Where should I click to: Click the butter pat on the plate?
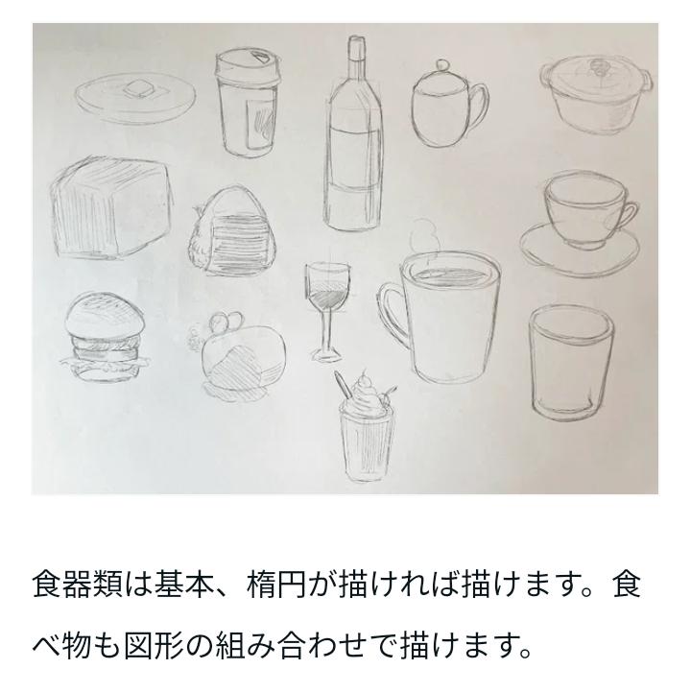tap(136, 89)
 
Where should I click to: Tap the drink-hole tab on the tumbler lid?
tap(260, 57)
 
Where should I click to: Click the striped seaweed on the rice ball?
tap(240, 243)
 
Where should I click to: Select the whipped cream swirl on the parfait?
tap(365, 393)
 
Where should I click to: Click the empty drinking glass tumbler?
tap(571, 363)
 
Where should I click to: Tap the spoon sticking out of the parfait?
tap(342, 386)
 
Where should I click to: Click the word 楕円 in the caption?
tap(275, 585)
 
